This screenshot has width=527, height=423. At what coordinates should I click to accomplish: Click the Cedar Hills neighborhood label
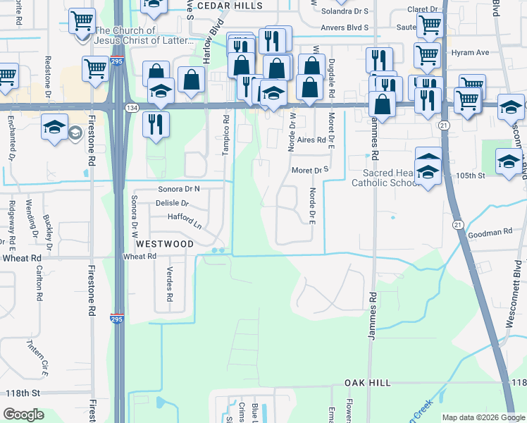click(x=229, y=5)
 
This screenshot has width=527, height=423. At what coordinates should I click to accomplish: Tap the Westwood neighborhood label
click(x=164, y=244)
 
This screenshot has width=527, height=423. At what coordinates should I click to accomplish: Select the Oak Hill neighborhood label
click(x=367, y=382)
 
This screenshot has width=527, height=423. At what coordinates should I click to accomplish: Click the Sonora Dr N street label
click(x=179, y=189)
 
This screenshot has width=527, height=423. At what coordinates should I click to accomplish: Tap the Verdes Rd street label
click(x=169, y=284)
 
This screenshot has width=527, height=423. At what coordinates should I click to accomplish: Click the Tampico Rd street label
click(x=226, y=131)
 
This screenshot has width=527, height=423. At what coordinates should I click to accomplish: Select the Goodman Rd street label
click(x=488, y=232)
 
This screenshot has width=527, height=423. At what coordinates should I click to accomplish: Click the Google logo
click(x=23, y=415)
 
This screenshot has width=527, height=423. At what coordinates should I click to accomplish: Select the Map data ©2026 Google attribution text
click(x=483, y=417)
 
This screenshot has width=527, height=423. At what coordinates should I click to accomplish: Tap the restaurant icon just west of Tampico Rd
click(x=156, y=124)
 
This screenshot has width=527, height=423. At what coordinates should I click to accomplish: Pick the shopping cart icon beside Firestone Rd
click(x=95, y=68)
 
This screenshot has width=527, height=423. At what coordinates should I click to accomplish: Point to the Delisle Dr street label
click(x=173, y=203)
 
